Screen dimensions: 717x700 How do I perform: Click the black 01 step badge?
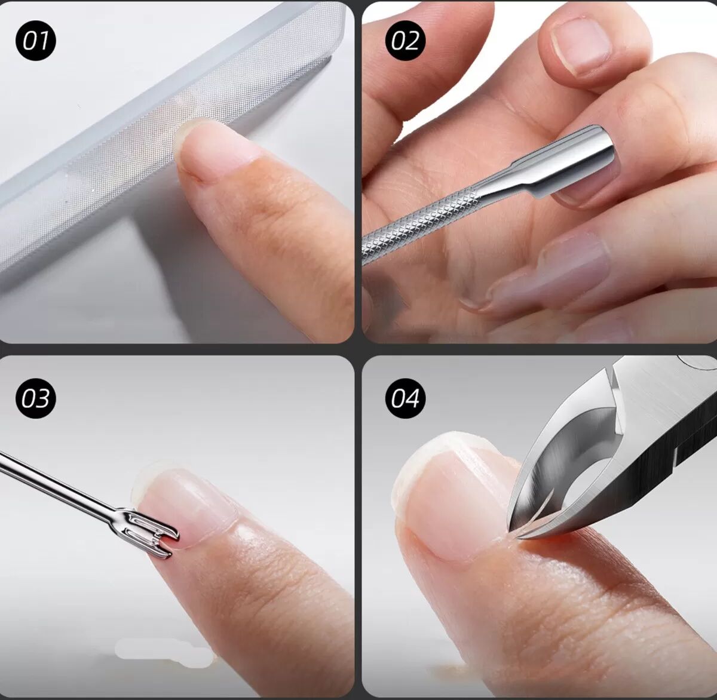36,40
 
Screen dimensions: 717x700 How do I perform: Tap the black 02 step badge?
405,40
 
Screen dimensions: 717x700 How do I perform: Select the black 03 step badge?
36,398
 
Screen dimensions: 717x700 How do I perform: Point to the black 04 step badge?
405,398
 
